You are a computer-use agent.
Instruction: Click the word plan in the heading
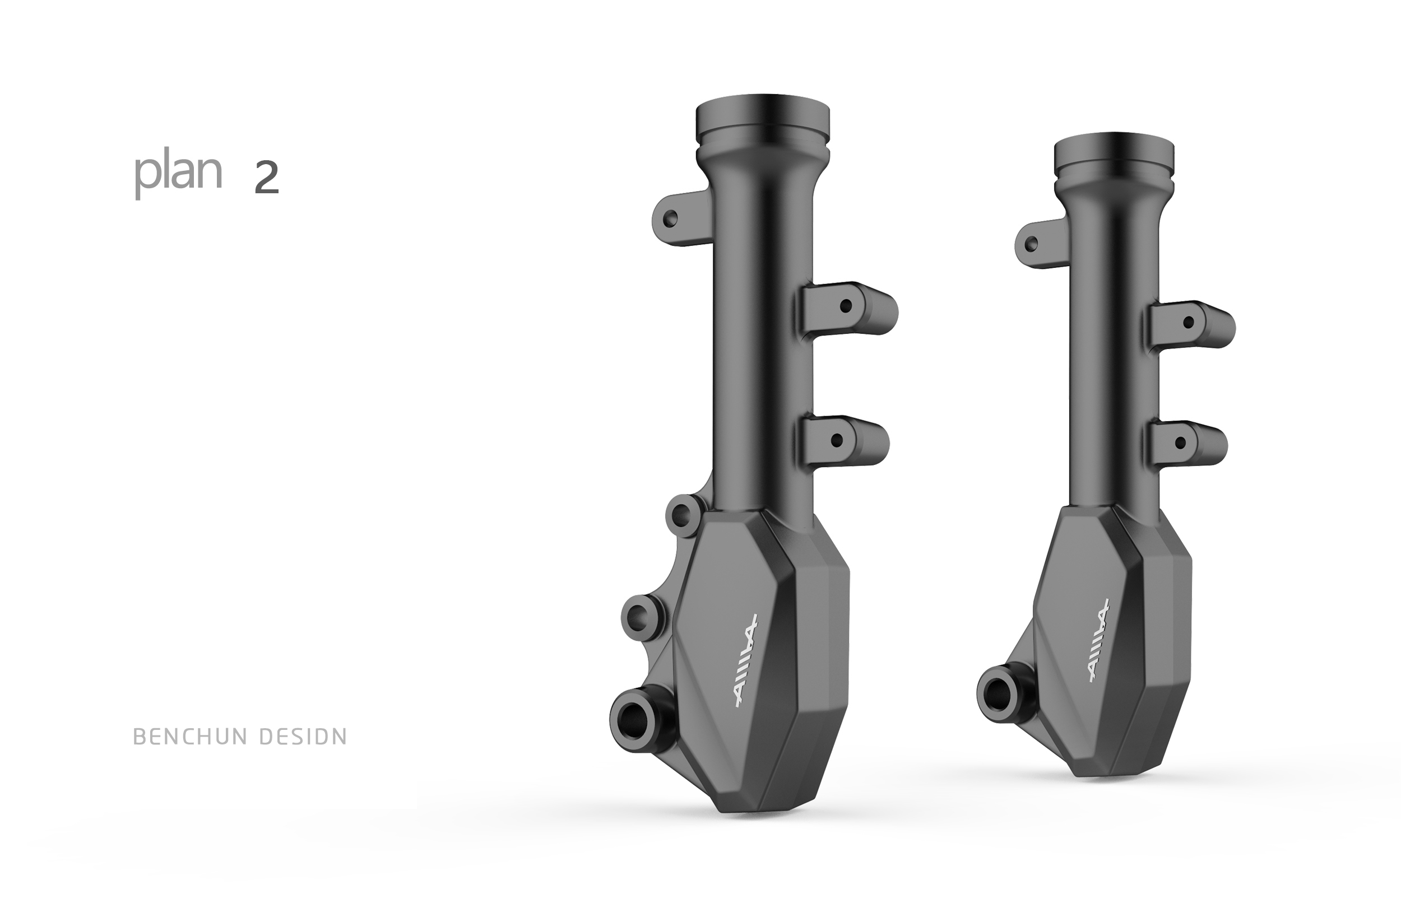(178, 174)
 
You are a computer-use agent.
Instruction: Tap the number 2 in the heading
(266, 178)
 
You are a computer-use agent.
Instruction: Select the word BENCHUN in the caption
(191, 737)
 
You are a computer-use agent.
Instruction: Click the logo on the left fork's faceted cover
(745, 661)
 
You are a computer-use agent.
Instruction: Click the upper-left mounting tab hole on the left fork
(670, 220)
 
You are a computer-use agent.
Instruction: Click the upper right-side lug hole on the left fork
(845, 306)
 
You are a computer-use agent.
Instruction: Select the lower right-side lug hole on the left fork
(837, 440)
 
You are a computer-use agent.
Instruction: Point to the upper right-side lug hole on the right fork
(1188, 322)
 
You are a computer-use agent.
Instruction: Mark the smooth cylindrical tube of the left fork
(763, 353)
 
